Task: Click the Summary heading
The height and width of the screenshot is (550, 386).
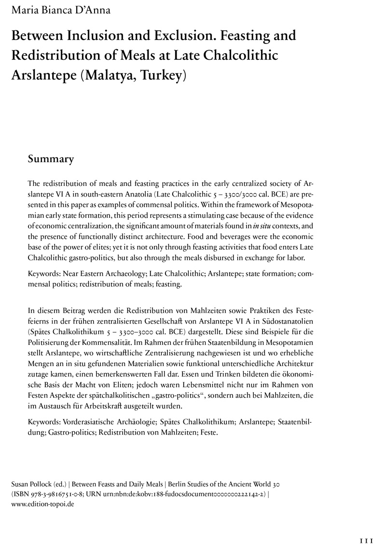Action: pyautogui.click(x=51, y=159)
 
